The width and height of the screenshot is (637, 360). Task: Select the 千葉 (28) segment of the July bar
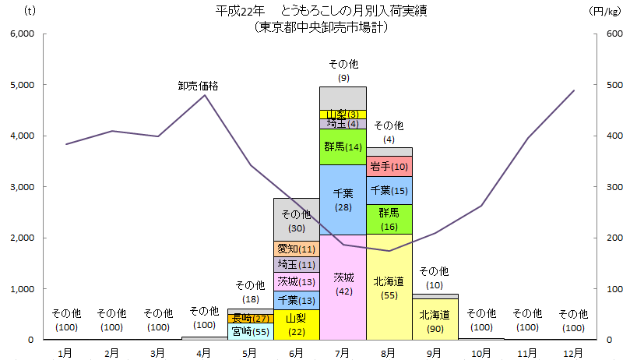(343, 199)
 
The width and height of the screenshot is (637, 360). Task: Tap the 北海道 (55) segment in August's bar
(389, 286)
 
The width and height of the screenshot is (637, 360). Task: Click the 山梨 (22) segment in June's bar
(296, 324)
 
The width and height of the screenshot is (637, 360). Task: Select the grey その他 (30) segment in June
(296, 220)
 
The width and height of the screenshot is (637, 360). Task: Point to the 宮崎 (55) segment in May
(250, 331)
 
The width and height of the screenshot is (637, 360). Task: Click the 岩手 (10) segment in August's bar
(389, 166)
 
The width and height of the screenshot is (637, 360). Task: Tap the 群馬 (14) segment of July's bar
(343, 146)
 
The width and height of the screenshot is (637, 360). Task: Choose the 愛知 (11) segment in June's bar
(296, 249)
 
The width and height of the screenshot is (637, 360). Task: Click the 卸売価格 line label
(198, 86)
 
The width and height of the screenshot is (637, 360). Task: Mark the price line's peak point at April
(204, 94)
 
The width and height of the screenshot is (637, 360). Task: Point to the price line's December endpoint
(574, 90)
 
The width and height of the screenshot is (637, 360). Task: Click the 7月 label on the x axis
(343, 352)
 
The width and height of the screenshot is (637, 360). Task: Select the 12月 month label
(574, 352)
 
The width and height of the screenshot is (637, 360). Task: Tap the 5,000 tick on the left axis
(23, 85)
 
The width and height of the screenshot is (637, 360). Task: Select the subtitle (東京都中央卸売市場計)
(321, 26)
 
